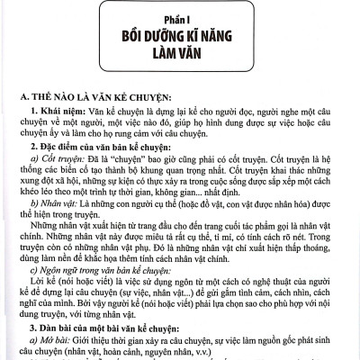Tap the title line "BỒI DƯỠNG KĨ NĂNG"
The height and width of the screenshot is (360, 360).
tap(179, 40)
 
